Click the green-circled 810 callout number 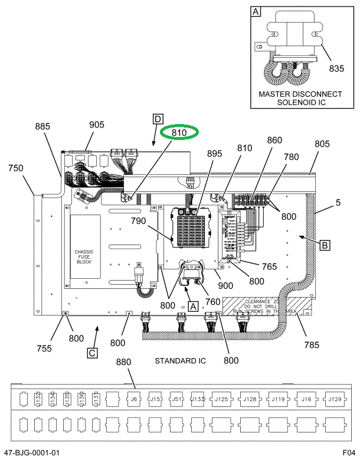179,133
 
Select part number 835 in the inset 336,69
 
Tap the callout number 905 97,125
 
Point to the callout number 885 43,126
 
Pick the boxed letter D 158,119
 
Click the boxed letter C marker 92,353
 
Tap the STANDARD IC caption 180,360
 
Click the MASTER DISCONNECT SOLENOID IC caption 300,98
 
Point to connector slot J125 221,399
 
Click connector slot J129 335,399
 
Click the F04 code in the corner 349,453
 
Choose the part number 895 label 214,154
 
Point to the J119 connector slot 278,399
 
